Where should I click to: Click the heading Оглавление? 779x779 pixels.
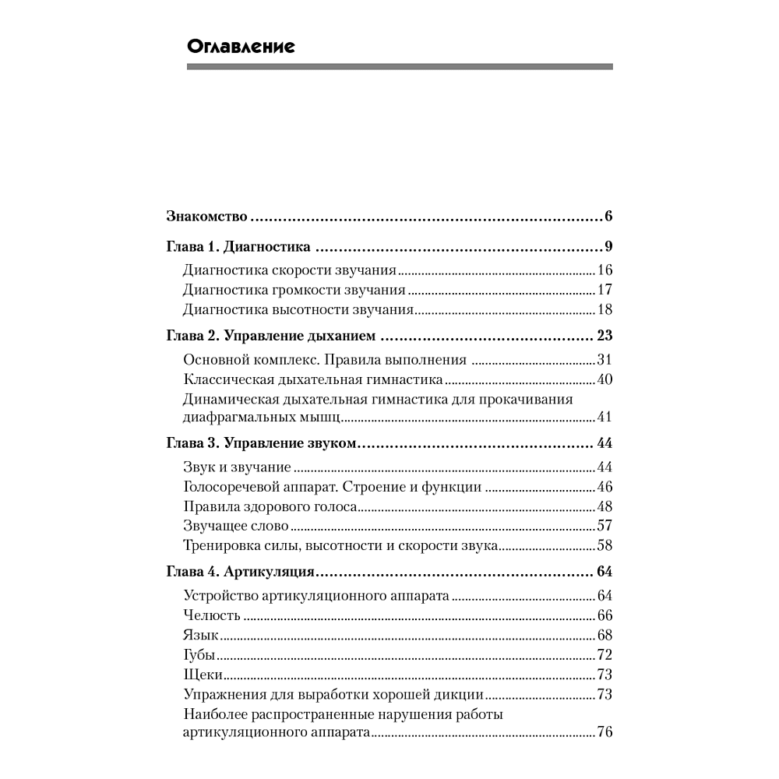(241, 47)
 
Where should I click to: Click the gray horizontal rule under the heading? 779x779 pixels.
(400, 66)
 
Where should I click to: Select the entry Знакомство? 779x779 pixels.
(206, 216)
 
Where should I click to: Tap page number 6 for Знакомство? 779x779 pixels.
(608, 216)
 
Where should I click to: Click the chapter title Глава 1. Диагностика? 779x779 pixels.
(239, 248)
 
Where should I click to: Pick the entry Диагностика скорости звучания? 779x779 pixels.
(290, 271)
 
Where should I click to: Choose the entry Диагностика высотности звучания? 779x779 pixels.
(298, 310)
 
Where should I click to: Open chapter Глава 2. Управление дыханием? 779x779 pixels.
(272, 337)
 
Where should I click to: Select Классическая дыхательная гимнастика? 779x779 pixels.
(313, 380)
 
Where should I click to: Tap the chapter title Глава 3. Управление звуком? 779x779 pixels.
(261, 443)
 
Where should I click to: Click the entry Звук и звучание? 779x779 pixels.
(237, 467)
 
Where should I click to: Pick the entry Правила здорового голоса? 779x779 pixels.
(270, 506)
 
